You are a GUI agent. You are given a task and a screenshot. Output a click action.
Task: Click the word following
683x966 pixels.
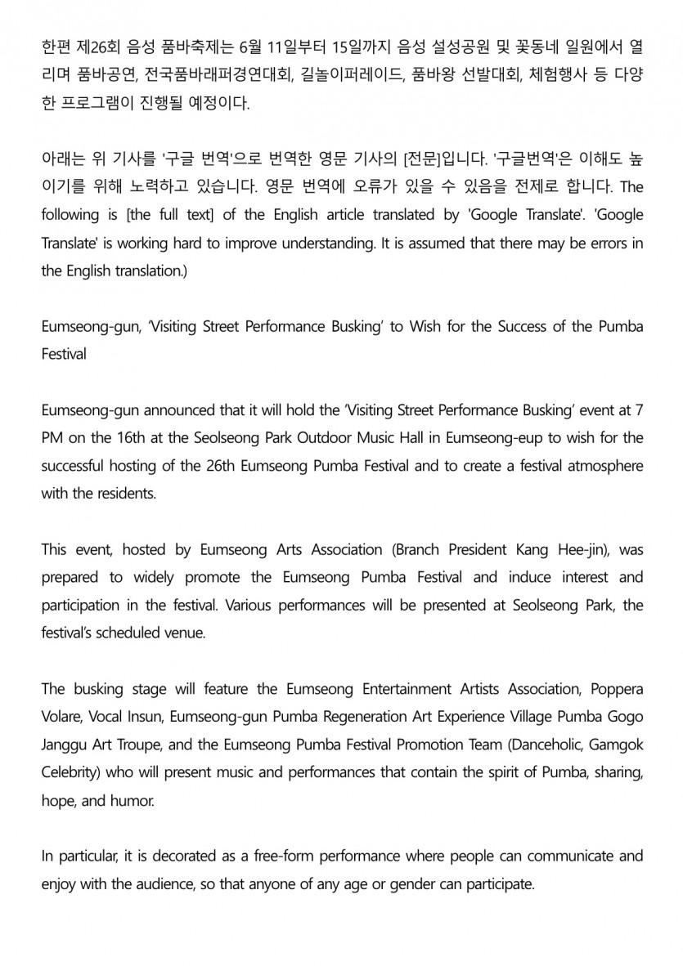tap(68, 215)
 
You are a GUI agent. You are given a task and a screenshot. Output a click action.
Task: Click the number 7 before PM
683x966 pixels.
tap(639, 409)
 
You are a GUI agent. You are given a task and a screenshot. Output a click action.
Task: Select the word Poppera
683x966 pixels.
tap(615, 689)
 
